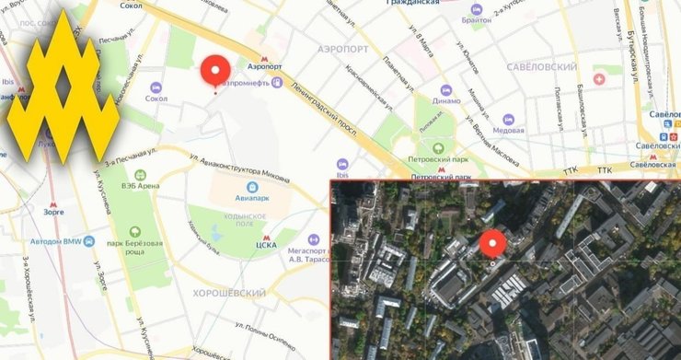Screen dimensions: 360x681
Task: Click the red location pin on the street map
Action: (x=216, y=71)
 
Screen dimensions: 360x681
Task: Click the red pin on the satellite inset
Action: (x=493, y=244)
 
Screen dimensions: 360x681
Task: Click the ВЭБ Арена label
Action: (x=140, y=185)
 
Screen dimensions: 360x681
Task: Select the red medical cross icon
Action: (x=601, y=80)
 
